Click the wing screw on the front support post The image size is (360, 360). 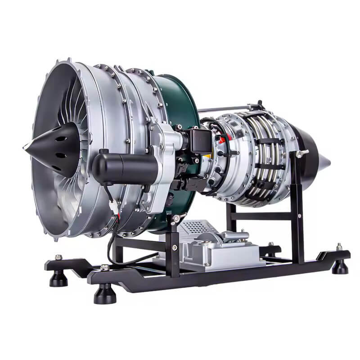[175, 219]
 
